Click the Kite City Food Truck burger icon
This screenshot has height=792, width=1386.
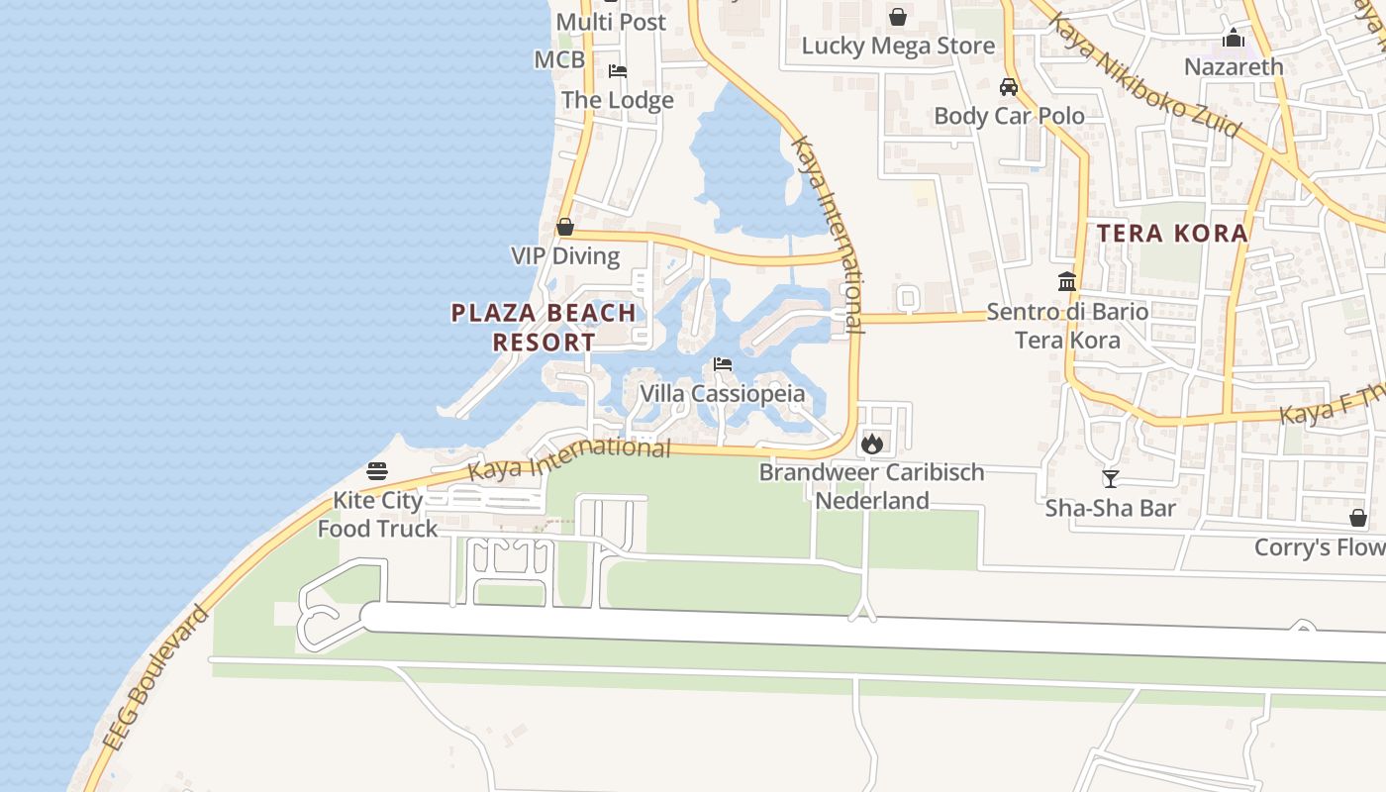pos(377,470)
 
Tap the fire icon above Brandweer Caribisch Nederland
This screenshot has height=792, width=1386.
pos(871,444)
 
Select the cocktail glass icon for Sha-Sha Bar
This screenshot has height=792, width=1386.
pos(1111,479)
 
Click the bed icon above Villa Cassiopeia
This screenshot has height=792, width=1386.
pos(723,365)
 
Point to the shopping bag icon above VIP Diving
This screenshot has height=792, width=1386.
pos(565,227)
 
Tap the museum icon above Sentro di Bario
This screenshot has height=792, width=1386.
pos(1067,282)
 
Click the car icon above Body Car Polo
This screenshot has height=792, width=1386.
pos(1009,87)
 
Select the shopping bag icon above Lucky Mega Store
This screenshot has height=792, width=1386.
pos(898,17)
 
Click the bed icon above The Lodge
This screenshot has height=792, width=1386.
pos(618,71)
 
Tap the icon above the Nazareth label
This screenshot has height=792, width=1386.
pos(1234,39)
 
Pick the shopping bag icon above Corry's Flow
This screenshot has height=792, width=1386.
pos(1358,518)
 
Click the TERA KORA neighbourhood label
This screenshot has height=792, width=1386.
pos(1173,234)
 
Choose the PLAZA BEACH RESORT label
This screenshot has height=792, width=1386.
pos(544,328)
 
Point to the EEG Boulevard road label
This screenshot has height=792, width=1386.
pos(156,678)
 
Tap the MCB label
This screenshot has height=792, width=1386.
pos(559,59)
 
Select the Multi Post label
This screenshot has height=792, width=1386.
pos(611,22)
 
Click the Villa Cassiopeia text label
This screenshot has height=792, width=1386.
pos(722,394)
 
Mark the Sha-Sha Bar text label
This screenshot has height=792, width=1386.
pos(1111,509)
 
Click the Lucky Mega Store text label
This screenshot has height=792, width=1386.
pos(898,46)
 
